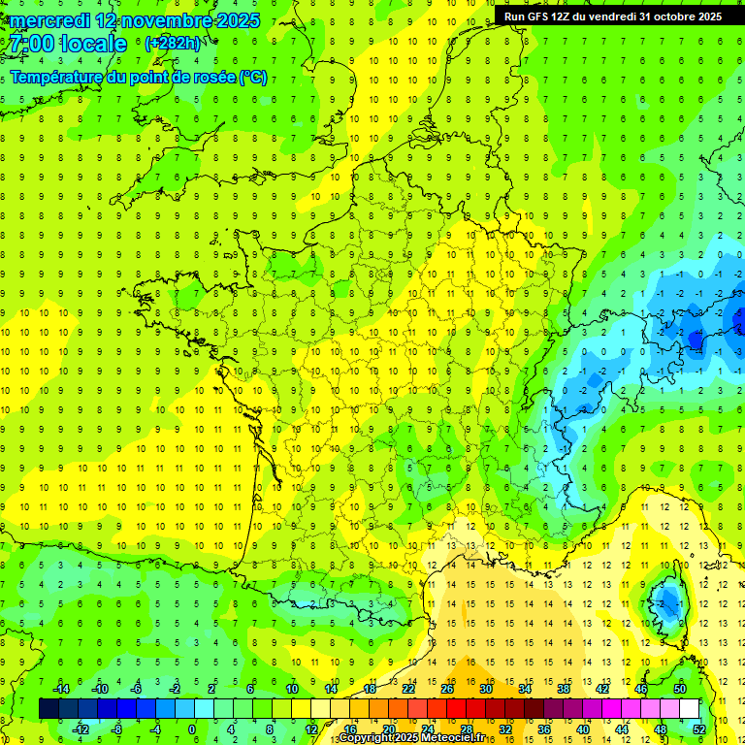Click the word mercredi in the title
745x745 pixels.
tap(49, 20)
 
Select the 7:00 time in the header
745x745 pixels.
tap(29, 45)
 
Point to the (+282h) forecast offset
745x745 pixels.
tap(173, 44)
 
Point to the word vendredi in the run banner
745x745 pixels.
tap(609, 16)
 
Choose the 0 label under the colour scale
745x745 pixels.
tap(191, 729)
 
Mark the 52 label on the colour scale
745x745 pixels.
tap(699, 729)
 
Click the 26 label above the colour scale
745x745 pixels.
tap(447, 689)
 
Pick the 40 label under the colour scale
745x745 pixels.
tap(582, 729)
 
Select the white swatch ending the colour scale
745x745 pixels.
tap(690, 708)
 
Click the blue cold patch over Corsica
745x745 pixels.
tap(667, 603)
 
